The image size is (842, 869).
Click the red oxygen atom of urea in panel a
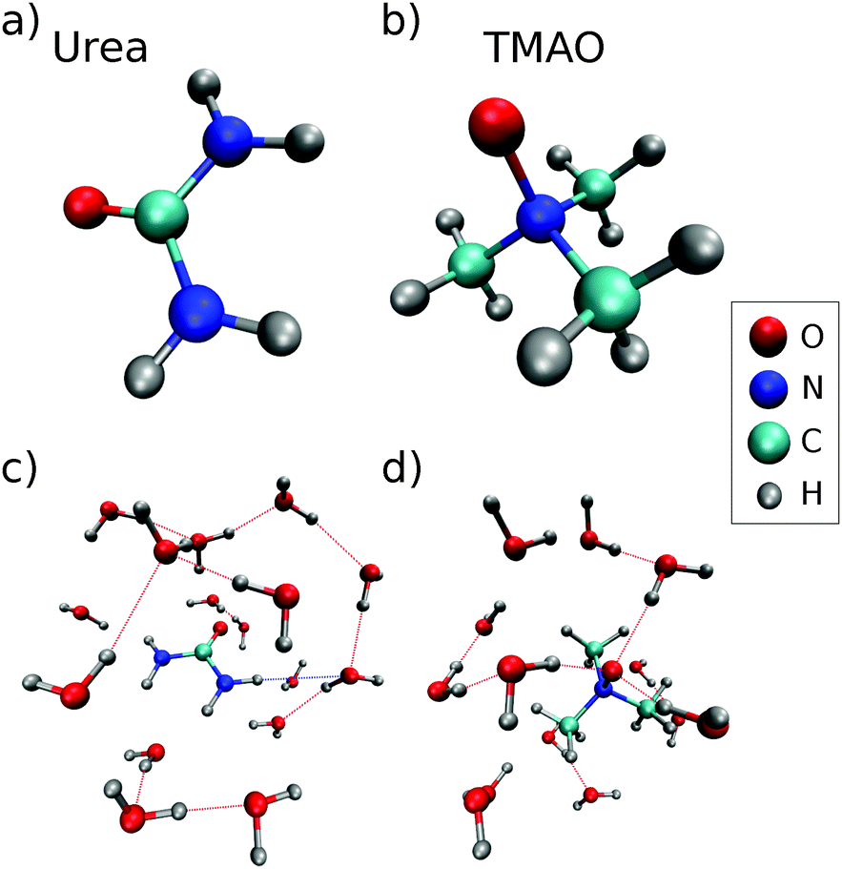(x=83, y=206)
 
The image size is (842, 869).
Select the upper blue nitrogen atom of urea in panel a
(x=225, y=141)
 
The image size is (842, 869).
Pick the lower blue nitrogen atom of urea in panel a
(x=196, y=310)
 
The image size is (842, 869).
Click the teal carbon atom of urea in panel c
(x=204, y=652)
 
